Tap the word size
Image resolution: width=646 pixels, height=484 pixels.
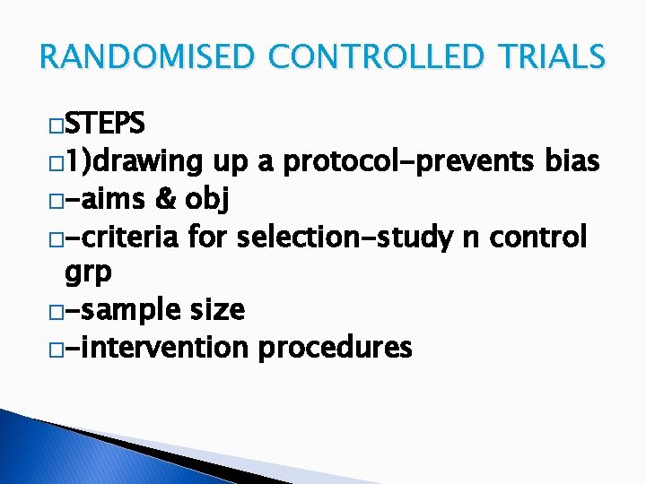pos(216,309)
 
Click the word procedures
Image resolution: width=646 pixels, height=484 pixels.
pos(334,348)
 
